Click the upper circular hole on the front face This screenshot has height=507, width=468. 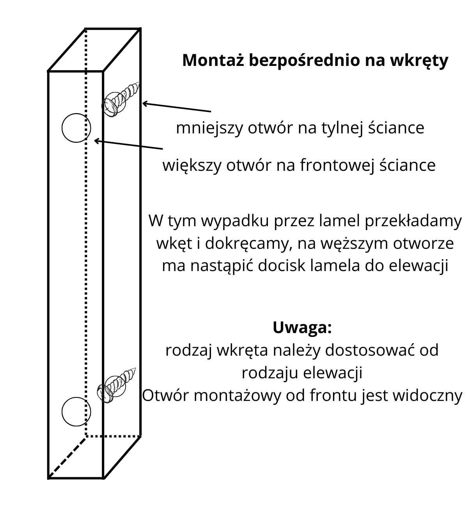76,128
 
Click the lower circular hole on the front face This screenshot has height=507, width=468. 76,411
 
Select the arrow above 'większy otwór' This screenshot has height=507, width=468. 129,144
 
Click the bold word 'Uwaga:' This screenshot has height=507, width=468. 302,328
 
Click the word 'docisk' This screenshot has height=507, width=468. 281,266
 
